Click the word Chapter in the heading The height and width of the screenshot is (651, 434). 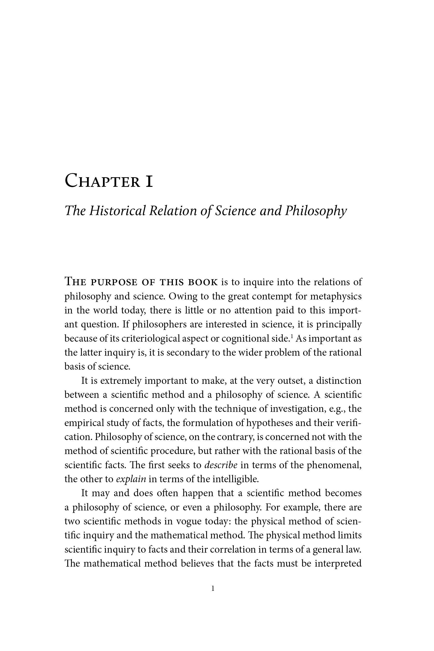102,181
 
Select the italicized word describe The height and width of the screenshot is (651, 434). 221,465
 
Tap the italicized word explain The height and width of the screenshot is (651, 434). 131,479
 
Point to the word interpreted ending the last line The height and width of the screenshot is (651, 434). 338,563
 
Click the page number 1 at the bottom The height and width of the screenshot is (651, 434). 213,589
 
